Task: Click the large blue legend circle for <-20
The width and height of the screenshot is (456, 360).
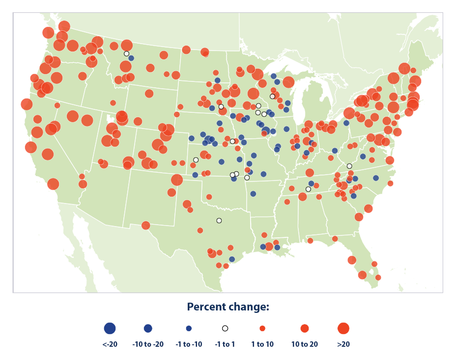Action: coord(110,329)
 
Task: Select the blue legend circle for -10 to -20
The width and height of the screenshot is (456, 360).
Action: coord(148,329)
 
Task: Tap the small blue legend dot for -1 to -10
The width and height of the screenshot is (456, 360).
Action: coord(189,329)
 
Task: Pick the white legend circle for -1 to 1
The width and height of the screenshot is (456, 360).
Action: coord(225,329)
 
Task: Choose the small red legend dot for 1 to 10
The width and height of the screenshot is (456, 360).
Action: coord(262,329)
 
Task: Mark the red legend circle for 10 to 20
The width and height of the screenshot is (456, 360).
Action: coord(305,329)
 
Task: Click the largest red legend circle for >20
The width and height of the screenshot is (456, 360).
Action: coord(343,329)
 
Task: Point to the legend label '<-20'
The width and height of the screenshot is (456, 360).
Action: coord(110,344)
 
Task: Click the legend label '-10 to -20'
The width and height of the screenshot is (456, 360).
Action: coord(148,344)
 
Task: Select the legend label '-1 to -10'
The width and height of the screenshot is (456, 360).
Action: coord(189,344)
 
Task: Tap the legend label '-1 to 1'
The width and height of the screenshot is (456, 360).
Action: coord(225,344)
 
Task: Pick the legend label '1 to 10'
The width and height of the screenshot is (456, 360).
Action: coord(262,344)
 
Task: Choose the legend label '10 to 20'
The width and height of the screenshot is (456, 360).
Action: coord(305,344)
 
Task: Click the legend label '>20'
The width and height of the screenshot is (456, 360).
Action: coord(343,344)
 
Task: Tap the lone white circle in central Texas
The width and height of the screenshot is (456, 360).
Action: coord(219,221)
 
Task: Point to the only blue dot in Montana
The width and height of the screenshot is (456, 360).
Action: coord(131,58)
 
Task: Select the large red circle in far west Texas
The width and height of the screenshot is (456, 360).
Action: coord(145,226)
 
